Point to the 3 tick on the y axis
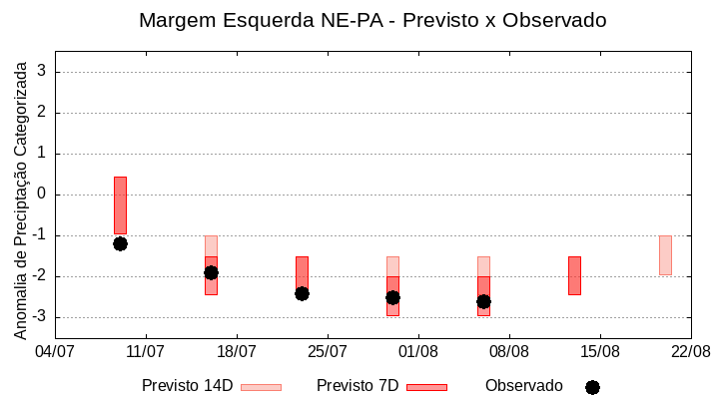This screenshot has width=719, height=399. [42, 72]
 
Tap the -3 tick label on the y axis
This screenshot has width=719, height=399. [38, 317]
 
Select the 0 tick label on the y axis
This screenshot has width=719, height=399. [42, 195]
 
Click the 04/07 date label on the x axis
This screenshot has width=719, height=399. [55, 351]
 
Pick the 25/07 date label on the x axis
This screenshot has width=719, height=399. [327, 351]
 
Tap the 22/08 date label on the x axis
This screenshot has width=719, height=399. [690, 351]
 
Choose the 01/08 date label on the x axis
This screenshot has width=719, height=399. [417, 351]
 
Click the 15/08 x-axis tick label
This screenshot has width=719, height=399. [599, 351]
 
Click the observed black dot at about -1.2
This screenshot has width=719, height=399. [120, 243]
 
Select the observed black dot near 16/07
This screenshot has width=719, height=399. [211, 272]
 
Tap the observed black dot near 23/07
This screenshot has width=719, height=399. [302, 293]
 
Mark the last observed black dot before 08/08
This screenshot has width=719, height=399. [483, 301]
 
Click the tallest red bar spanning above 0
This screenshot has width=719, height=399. [120, 204]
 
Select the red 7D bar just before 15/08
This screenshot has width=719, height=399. [574, 275]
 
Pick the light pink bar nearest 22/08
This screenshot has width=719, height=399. [665, 255]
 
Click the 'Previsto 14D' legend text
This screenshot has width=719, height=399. [187, 386]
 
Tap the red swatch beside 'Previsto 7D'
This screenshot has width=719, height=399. [426, 387]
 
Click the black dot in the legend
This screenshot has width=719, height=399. [592, 387]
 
